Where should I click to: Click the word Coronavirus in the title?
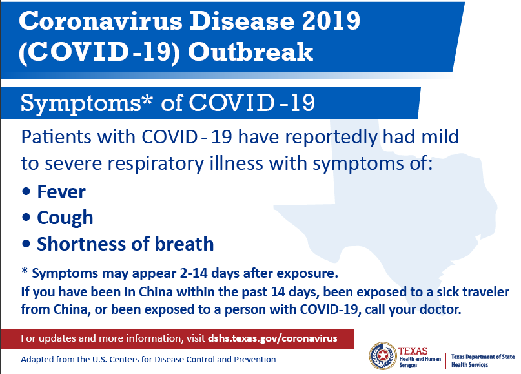pyautogui.click(x=101, y=21)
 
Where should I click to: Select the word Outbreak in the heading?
pyautogui.click(x=250, y=52)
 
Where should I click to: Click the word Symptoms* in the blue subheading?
pyautogui.click(x=87, y=103)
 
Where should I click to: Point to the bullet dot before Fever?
pyautogui.click(x=26, y=192)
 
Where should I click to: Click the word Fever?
pyautogui.click(x=61, y=192)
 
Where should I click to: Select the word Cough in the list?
pyautogui.click(x=65, y=218)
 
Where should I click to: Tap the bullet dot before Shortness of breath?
pyautogui.click(x=26, y=244)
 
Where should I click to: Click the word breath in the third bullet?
pyautogui.click(x=184, y=244)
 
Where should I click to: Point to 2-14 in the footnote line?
pyautogui.click(x=194, y=273)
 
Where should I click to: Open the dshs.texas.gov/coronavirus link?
pyautogui.click(x=272, y=338)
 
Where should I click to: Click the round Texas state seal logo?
pyautogui.click(x=383, y=356)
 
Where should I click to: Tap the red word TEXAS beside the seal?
pyautogui.click(x=413, y=351)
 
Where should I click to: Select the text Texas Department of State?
pyautogui.click(x=483, y=357)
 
